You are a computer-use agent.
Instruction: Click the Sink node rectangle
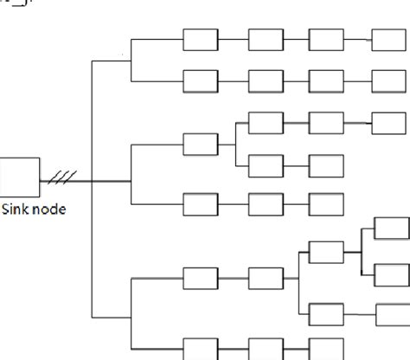coord(20,177)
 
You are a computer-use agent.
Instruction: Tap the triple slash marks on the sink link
coord(63,178)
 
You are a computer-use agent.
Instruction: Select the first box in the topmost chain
coord(201,39)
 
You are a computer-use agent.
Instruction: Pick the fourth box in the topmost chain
coord(388,39)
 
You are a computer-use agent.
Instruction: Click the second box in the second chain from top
coord(266,80)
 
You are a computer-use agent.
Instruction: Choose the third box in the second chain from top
coord(326,80)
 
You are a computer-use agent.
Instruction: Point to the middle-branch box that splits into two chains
coord(201,144)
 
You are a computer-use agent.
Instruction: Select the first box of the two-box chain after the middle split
coord(266,164)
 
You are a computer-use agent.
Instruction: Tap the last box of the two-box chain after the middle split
coord(326,164)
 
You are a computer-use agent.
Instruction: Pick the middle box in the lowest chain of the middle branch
coord(266,205)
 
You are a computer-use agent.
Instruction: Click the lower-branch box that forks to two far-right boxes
coord(326,253)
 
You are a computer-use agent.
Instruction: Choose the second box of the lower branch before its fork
coord(266,279)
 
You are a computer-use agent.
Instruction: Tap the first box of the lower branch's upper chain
coord(201,279)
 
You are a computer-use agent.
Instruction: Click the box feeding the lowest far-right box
coord(326,312)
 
